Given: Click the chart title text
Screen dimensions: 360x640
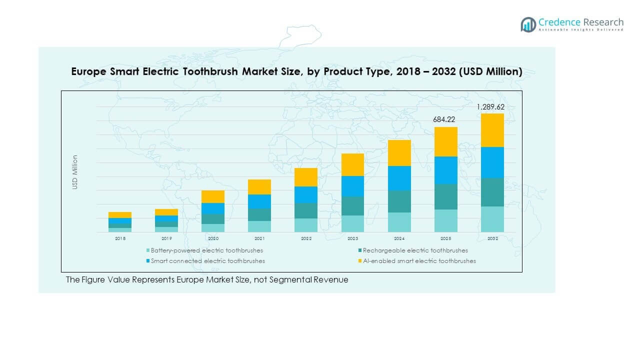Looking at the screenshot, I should [296, 71].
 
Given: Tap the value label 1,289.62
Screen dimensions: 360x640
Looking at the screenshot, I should [490, 107].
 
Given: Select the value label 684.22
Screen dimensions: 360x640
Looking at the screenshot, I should [445, 120].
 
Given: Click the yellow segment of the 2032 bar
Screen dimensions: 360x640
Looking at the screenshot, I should [492, 130].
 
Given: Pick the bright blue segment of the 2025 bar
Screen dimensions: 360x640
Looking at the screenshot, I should [445, 170].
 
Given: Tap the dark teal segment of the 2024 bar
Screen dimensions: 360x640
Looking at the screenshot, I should [399, 201].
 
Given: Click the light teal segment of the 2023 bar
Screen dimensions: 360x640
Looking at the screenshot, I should [352, 223].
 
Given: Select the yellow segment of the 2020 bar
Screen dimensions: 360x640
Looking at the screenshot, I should [213, 196].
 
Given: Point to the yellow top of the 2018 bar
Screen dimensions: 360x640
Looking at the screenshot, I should [120, 215].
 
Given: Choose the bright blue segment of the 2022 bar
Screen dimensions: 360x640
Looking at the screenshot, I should [306, 194].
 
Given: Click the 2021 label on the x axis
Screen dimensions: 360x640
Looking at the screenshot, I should [259, 239].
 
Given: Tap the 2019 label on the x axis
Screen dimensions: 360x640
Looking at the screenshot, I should [166, 239].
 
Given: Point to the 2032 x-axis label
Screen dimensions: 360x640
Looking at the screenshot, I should [492, 239].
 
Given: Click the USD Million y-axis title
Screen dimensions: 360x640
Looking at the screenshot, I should [75, 172].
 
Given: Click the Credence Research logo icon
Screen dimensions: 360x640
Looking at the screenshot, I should [528, 24].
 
